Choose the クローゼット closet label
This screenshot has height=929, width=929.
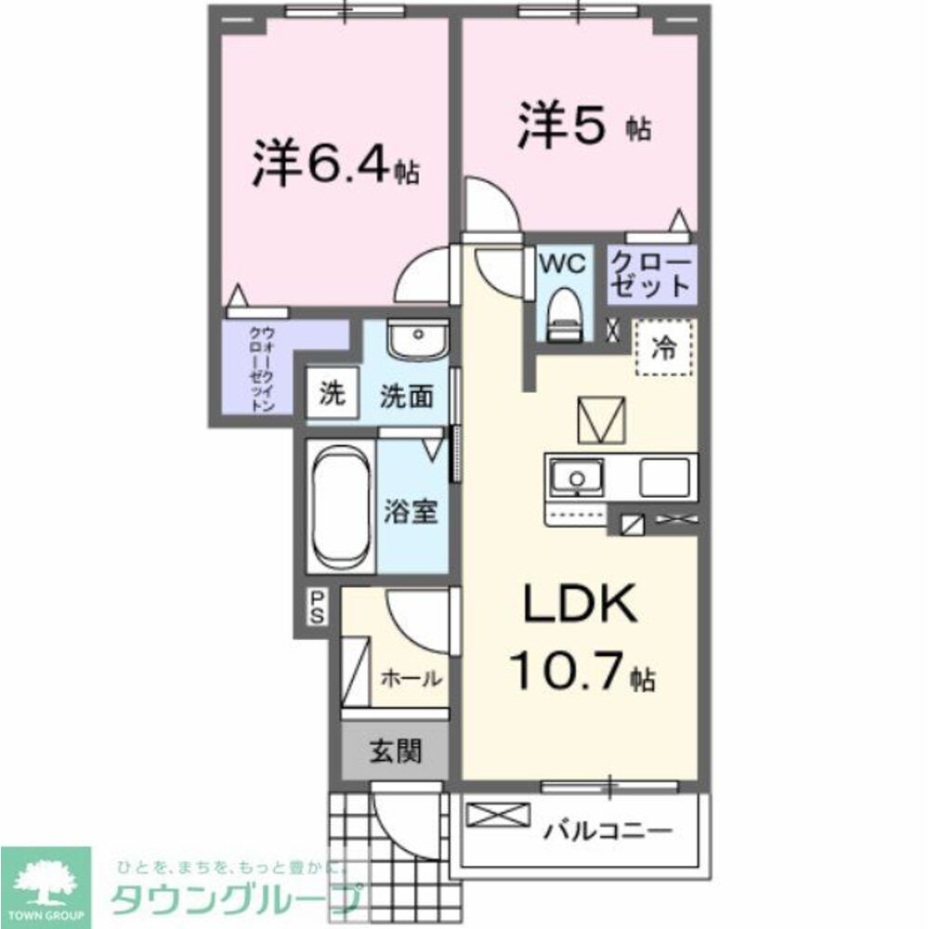pyautogui.click(x=651, y=274)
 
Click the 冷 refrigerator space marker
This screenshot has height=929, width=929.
pyautogui.click(x=664, y=348)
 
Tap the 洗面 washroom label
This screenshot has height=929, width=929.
pyautogui.click(x=406, y=397)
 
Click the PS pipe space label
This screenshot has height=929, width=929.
pyautogui.click(x=318, y=608)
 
